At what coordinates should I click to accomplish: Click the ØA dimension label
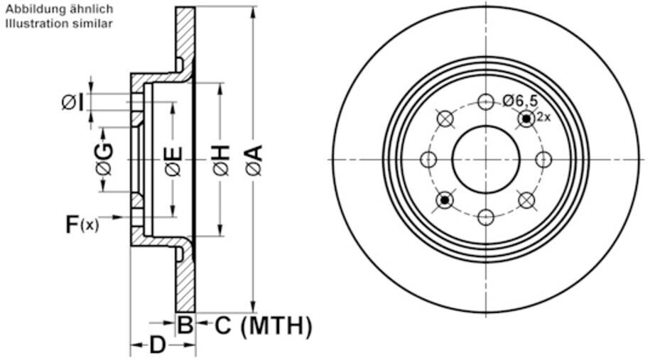click(x=254, y=160)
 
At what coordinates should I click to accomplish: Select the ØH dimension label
click(x=222, y=160)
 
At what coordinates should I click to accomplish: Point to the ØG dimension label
click(x=104, y=159)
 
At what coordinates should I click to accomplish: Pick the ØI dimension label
click(x=73, y=102)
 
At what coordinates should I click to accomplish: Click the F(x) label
click(x=82, y=224)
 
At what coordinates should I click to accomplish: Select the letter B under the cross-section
click(x=185, y=324)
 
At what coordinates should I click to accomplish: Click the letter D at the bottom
click(x=157, y=344)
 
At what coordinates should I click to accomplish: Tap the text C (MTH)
click(x=264, y=326)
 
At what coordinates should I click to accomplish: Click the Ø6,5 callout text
click(x=520, y=100)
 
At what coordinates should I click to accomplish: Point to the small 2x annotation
click(x=543, y=117)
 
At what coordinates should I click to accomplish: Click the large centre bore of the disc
click(x=486, y=159)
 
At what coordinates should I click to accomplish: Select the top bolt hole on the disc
click(x=486, y=102)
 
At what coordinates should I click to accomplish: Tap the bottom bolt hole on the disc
click(x=486, y=217)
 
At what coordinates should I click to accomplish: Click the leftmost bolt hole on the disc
click(x=428, y=160)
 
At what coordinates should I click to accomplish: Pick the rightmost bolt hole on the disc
click(x=543, y=160)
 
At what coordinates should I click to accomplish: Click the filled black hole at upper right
click(x=526, y=119)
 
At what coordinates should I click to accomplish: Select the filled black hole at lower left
click(x=445, y=200)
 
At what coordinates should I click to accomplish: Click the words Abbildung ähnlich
click(x=59, y=9)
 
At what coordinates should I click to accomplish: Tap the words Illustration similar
click(x=59, y=23)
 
